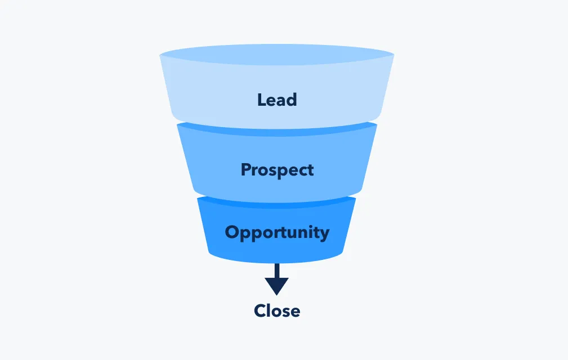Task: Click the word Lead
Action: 277,100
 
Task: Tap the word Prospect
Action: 277,170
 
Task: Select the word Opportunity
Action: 277,232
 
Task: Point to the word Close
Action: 277,310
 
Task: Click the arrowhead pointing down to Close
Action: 277,286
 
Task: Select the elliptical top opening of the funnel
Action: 277,55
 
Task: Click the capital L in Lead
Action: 261,100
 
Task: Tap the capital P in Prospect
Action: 245,169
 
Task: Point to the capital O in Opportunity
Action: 231,232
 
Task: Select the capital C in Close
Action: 260,310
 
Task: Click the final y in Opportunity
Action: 324,234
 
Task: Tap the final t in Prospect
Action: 311,170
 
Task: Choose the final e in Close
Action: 296,311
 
